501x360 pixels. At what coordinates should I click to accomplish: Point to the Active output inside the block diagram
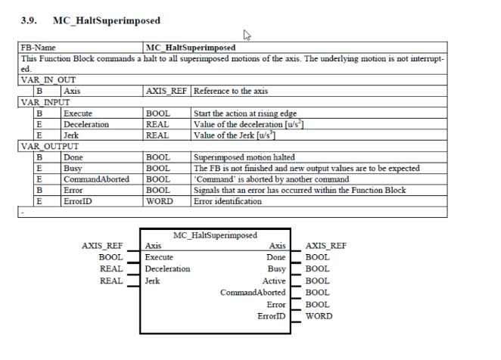[x=274, y=280]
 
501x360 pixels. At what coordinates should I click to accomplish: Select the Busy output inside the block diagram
[x=275, y=268]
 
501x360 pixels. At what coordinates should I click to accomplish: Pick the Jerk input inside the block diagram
[x=153, y=280]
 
